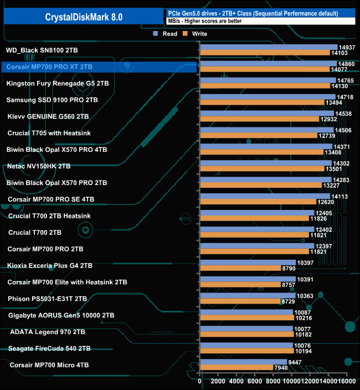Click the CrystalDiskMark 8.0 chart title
click(x=84, y=17)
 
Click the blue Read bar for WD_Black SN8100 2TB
click(x=268, y=47)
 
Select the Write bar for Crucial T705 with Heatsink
click(x=258, y=135)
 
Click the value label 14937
click(x=346, y=47)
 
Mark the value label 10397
click(x=305, y=263)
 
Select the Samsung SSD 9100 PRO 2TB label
click(x=52, y=100)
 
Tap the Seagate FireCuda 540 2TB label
click(x=49, y=348)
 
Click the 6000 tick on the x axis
click(x=255, y=382)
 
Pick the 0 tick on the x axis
click(x=199, y=382)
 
